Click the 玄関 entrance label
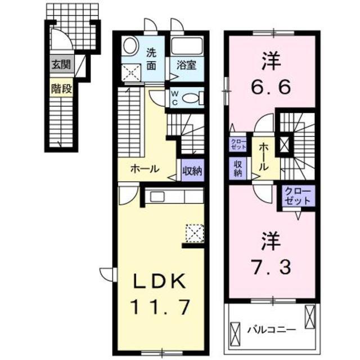(x=62, y=64)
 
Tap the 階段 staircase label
(x=62, y=88)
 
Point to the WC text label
(x=175, y=97)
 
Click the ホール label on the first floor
(x=145, y=169)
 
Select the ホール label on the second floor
(x=264, y=157)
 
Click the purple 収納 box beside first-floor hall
(x=192, y=169)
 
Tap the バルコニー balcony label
(x=268, y=326)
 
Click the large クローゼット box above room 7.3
(x=296, y=195)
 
